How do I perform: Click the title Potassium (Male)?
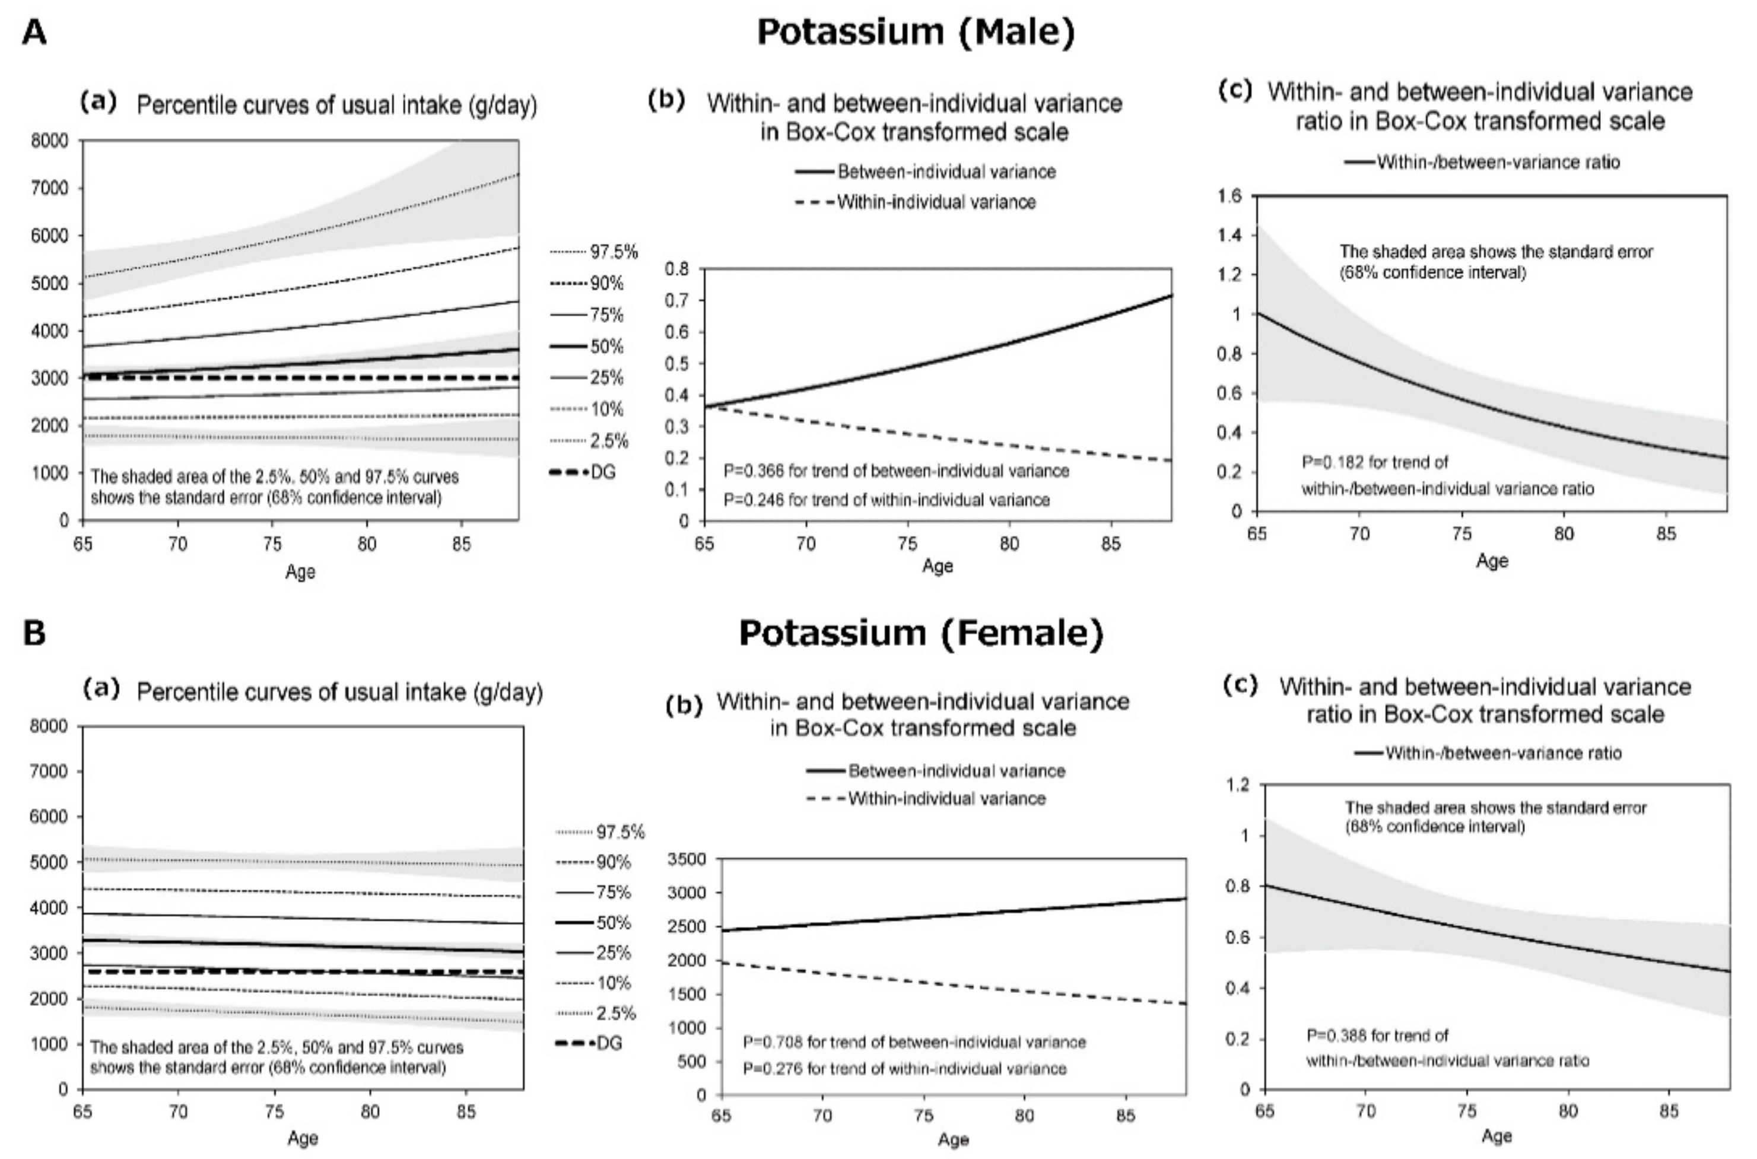pyautogui.click(x=916, y=33)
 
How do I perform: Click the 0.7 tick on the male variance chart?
pyautogui.click(x=677, y=300)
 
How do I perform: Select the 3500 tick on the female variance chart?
pyautogui.click(x=687, y=859)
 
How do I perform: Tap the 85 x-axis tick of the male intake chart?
pyautogui.click(x=461, y=545)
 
